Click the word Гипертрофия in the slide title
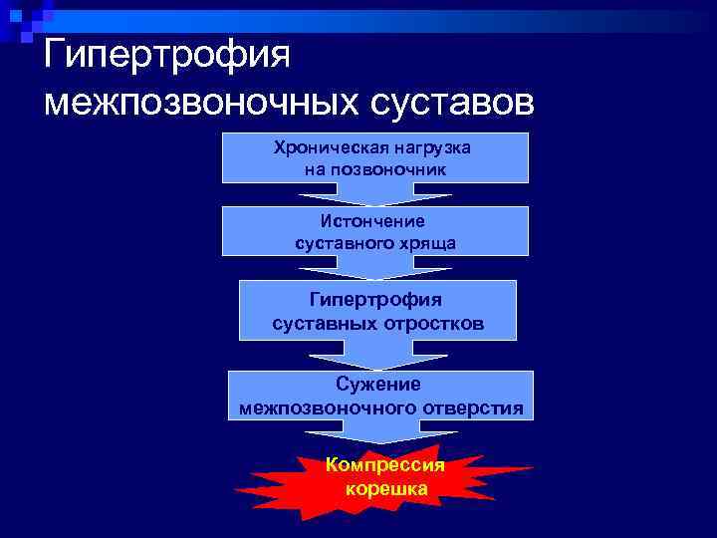[166, 54]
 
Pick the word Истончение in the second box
[373, 221]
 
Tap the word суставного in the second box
[340, 241]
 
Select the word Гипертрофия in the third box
[376, 299]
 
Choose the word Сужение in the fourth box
[377, 385]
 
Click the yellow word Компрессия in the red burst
[385, 465]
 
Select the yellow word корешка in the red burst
[386, 488]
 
